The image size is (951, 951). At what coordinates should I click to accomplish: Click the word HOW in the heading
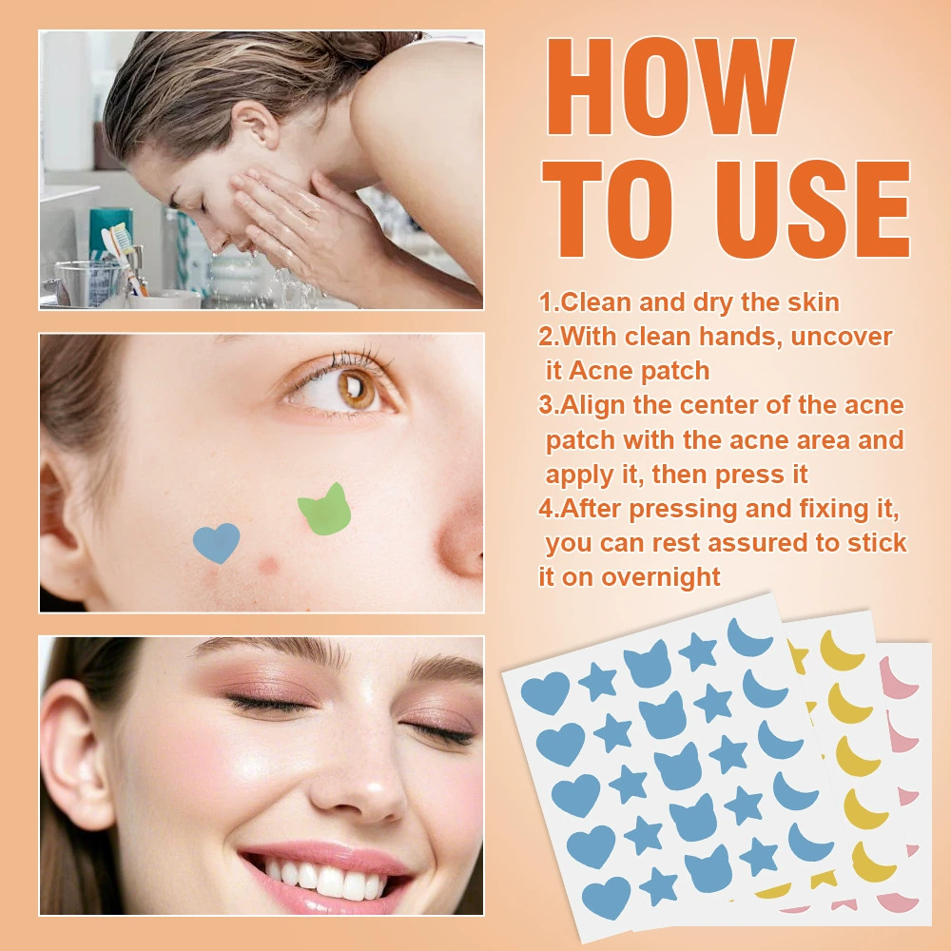[670, 87]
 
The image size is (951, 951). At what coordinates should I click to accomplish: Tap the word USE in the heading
[813, 209]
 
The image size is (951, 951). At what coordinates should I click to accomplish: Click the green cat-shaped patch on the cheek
[325, 510]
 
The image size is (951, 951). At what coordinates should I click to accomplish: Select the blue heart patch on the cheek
[216, 542]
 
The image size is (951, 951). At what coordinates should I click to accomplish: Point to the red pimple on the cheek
[267, 565]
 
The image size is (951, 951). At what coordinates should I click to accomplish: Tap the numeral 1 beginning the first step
[545, 302]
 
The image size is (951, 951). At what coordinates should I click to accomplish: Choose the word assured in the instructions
[729, 543]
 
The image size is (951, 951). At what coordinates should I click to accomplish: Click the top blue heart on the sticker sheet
[545, 692]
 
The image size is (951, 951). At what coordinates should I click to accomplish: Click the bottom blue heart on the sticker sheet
[606, 898]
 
